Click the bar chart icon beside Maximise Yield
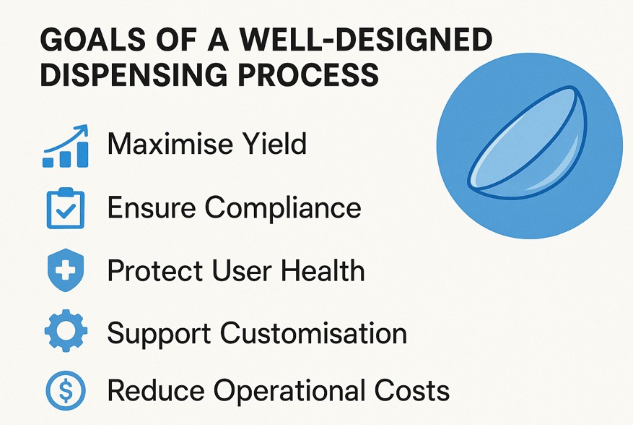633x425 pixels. click(66, 146)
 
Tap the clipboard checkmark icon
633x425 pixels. click(66, 209)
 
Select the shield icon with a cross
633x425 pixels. click(66, 270)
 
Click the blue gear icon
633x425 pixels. click(66, 331)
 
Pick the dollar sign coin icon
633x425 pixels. click(66, 390)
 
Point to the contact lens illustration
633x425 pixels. click(530, 145)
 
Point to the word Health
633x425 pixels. click(323, 270)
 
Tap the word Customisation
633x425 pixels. click(313, 333)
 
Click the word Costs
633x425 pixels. click(411, 390)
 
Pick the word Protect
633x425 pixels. click(154, 270)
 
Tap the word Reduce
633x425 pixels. click(156, 390)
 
